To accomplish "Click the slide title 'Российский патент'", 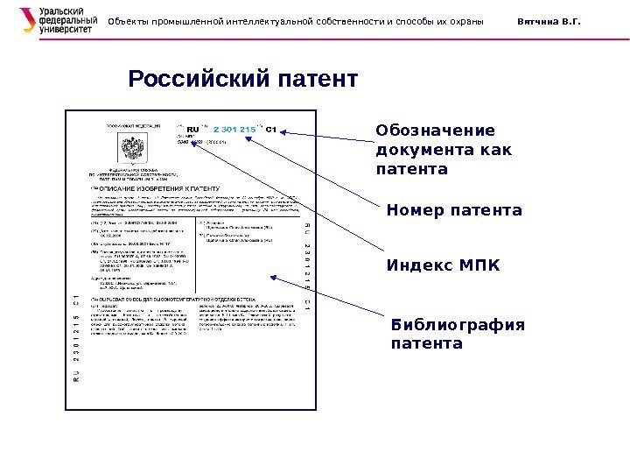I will pyautogui.click(x=243, y=80).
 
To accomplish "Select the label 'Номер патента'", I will pyautogui.click(x=453, y=211).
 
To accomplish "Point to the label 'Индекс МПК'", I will pyautogui.click(x=444, y=264).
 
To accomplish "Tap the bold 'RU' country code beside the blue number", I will pyautogui.click(x=194, y=131).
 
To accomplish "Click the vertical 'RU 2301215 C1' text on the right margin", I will pyautogui.click(x=307, y=263).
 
